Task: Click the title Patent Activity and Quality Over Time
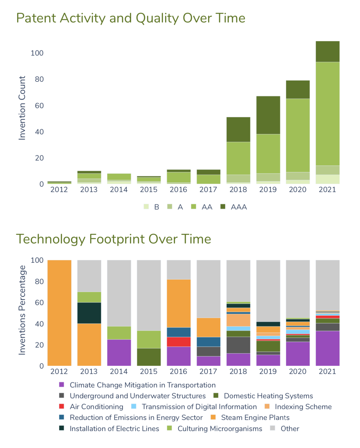[x=131, y=18]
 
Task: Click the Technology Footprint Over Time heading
[x=114, y=239]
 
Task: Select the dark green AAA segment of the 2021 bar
[x=328, y=51]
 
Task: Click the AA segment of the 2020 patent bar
[x=298, y=135]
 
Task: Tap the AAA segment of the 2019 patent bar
[x=268, y=115]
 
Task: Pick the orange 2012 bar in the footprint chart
[x=59, y=313]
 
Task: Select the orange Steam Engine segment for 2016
[x=178, y=303]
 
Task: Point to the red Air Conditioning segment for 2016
[x=178, y=342]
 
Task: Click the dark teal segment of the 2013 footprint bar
[x=89, y=313]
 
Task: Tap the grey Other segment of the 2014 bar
[x=119, y=293]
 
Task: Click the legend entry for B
[x=151, y=207]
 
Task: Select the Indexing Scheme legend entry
[x=298, y=407]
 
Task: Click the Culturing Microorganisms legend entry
[x=215, y=428]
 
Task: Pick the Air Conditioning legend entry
[x=91, y=407]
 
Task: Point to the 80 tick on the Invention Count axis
[x=39, y=79]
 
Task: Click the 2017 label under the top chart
[x=208, y=189]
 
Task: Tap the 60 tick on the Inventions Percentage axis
[x=39, y=302]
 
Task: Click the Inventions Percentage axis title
[x=22, y=310]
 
